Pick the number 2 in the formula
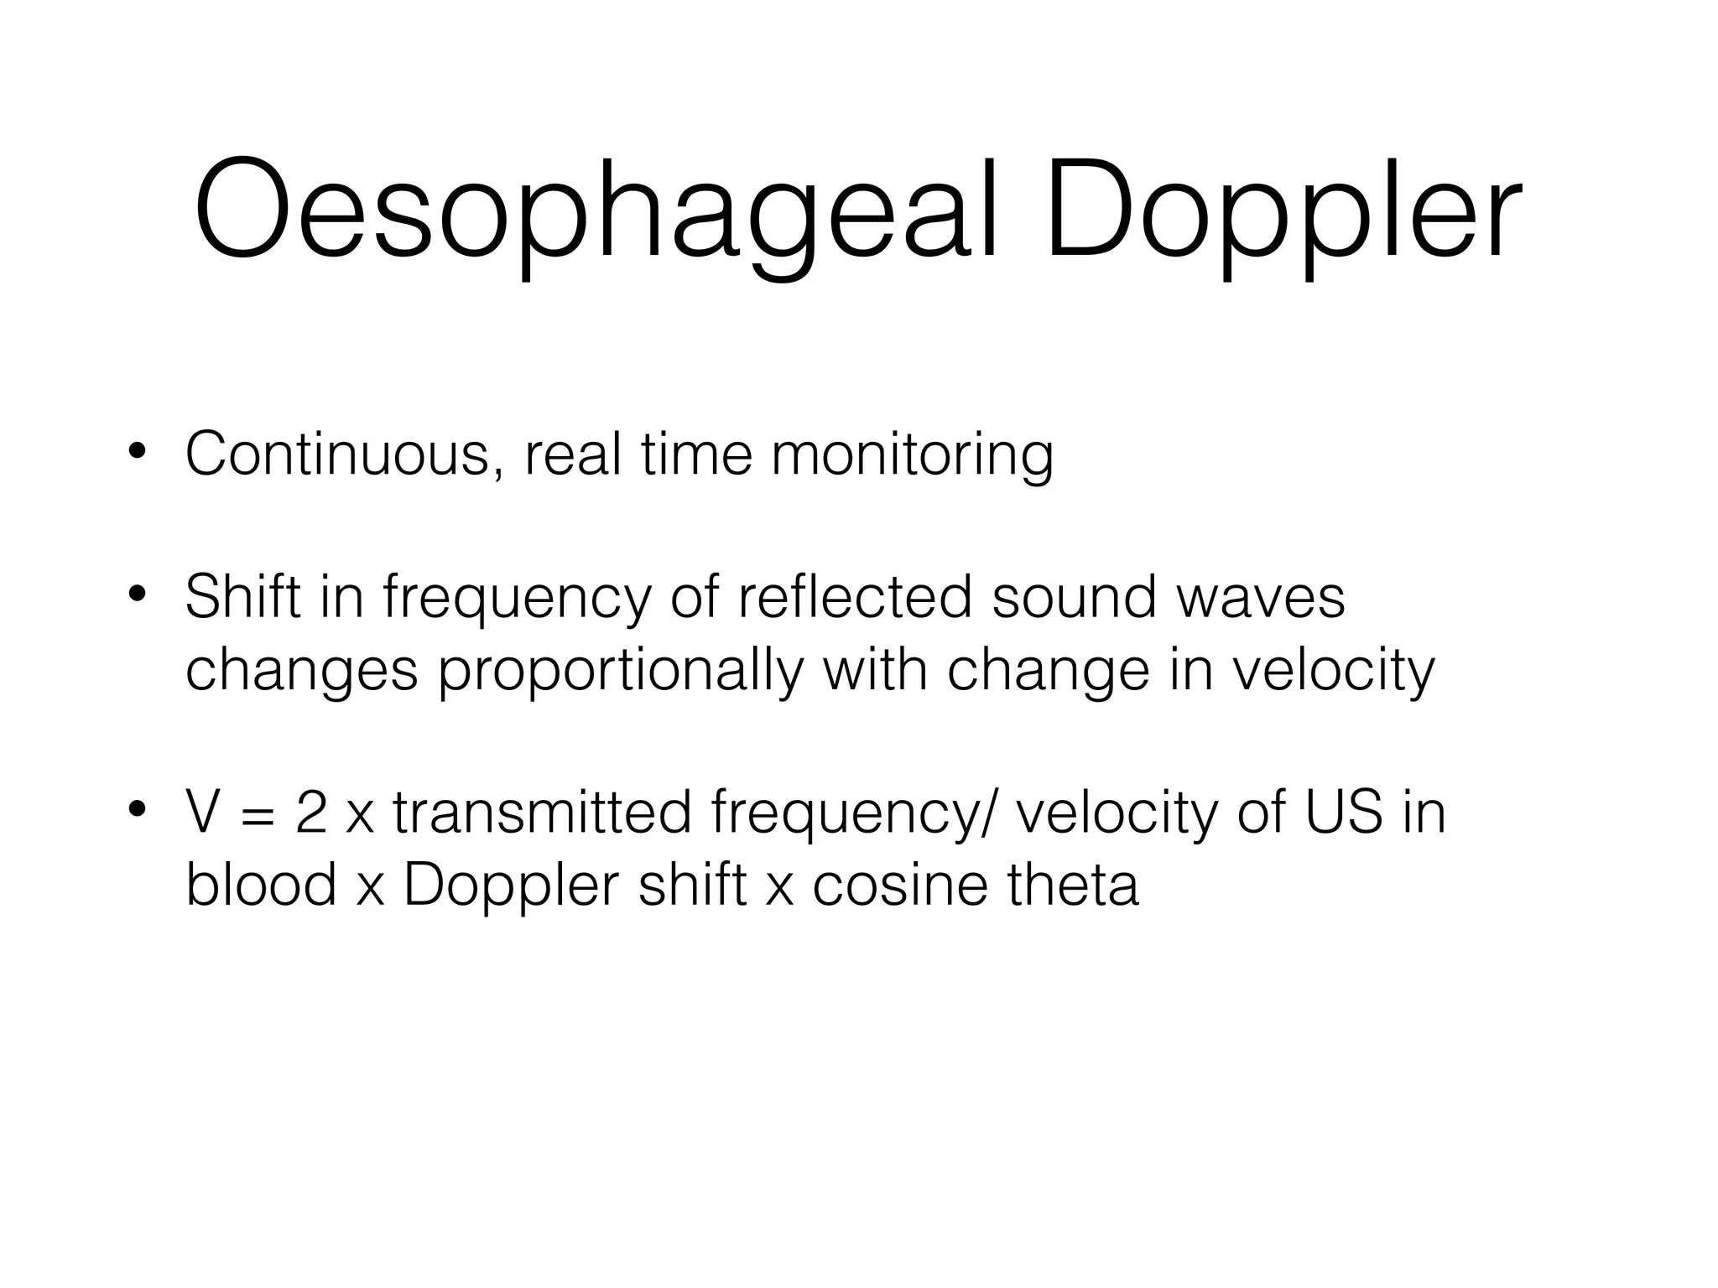tap(310, 813)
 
